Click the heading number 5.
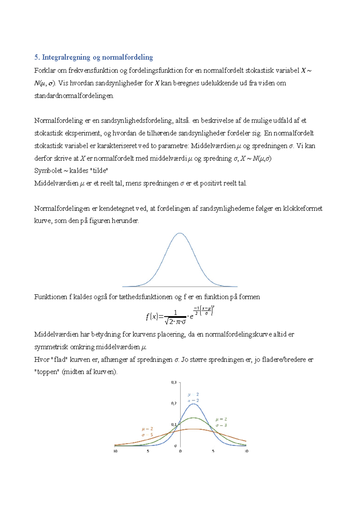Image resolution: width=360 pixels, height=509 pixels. click(x=37, y=57)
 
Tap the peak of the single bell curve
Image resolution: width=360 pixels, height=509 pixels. click(x=180, y=233)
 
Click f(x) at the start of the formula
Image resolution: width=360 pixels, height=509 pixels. click(x=152, y=317)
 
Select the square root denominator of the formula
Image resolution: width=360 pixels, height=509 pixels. click(x=175, y=322)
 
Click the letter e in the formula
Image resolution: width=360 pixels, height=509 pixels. click(x=191, y=316)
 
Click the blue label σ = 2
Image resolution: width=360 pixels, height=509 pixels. click(x=193, y=400)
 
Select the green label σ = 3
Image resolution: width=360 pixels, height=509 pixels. click(x=221, y=425)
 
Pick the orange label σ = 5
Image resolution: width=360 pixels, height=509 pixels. click(x=147, y=435)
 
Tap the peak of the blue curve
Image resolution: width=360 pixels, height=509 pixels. click(x=193, y=404)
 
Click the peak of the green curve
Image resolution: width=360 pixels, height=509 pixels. click(x=193, y=418)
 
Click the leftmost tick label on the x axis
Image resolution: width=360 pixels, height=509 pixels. click(x=115, y=451)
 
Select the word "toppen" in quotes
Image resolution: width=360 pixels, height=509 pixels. click(x=47, y=372)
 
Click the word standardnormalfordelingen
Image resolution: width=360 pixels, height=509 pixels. click(x=74, y=96)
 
